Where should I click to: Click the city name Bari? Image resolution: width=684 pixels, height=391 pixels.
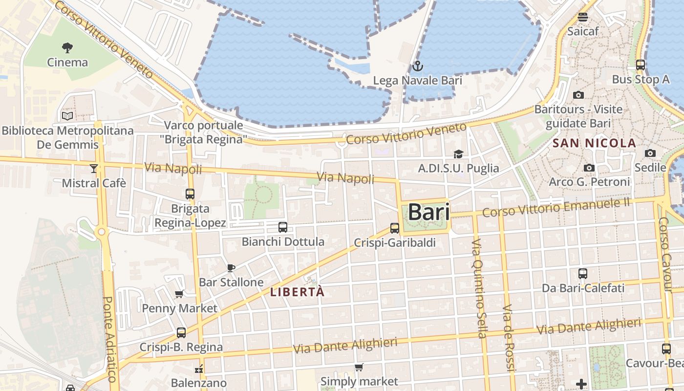point(428,212)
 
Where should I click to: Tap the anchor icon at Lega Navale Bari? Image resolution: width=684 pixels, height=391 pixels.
point(418,66)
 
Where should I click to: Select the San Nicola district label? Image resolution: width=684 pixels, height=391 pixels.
point(594,143)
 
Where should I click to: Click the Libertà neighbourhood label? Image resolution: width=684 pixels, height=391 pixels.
point(297,292)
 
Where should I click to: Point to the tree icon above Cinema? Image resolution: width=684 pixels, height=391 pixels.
point(67,48)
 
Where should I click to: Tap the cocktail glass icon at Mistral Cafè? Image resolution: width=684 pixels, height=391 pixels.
point(94,169)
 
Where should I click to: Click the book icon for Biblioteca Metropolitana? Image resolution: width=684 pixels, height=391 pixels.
point(67,116)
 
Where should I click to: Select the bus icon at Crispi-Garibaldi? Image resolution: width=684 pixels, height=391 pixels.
point(395,228)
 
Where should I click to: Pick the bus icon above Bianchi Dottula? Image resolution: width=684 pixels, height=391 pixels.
point(283,227)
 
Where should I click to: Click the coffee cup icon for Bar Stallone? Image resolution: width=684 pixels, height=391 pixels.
point(231,268)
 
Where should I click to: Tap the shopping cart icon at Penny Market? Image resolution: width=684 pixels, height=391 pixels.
point(179,294)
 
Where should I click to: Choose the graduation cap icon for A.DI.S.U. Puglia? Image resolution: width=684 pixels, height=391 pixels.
point(458,154)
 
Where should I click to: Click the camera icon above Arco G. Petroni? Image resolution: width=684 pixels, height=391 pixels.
point(589,168)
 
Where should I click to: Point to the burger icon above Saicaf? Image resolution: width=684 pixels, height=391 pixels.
point(582,17)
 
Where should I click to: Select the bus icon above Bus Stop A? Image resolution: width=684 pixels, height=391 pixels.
point(641,65)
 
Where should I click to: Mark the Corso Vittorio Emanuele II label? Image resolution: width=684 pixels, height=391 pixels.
point(556,208)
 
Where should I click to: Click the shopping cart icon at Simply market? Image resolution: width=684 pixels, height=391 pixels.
point(359,367)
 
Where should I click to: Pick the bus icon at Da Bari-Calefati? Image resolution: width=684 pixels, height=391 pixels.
point(583,274)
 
